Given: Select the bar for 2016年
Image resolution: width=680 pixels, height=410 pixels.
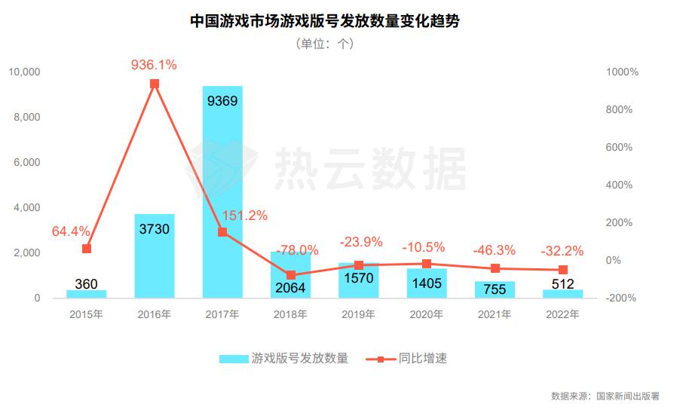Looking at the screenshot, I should click(x=155, y=256).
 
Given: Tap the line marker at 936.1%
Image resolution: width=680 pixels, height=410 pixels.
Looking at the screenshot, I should click(x=155, y=84).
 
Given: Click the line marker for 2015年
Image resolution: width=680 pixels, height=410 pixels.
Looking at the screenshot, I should click(x=87, y=249).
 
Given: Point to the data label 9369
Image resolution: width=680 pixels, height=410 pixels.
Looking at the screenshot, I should click(x=222, y=100).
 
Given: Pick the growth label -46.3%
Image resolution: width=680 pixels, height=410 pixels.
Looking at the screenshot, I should click(x=494, y=249).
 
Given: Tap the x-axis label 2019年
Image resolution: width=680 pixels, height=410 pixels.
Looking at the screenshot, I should click(x=358, y=314).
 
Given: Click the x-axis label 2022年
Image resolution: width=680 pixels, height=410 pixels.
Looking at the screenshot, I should click(x=562, y=314).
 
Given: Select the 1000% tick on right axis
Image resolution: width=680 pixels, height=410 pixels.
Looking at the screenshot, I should click(x=622, y=72).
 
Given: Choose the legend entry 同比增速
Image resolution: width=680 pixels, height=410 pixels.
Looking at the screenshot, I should click(x=423, y=359).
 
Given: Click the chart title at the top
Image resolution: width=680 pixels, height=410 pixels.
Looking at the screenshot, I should click(x=325, y=20).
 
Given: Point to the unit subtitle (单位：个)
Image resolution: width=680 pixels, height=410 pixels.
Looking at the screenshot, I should click(x=325, y=44).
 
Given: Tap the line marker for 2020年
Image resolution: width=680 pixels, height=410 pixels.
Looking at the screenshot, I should click(x=427, y=264).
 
